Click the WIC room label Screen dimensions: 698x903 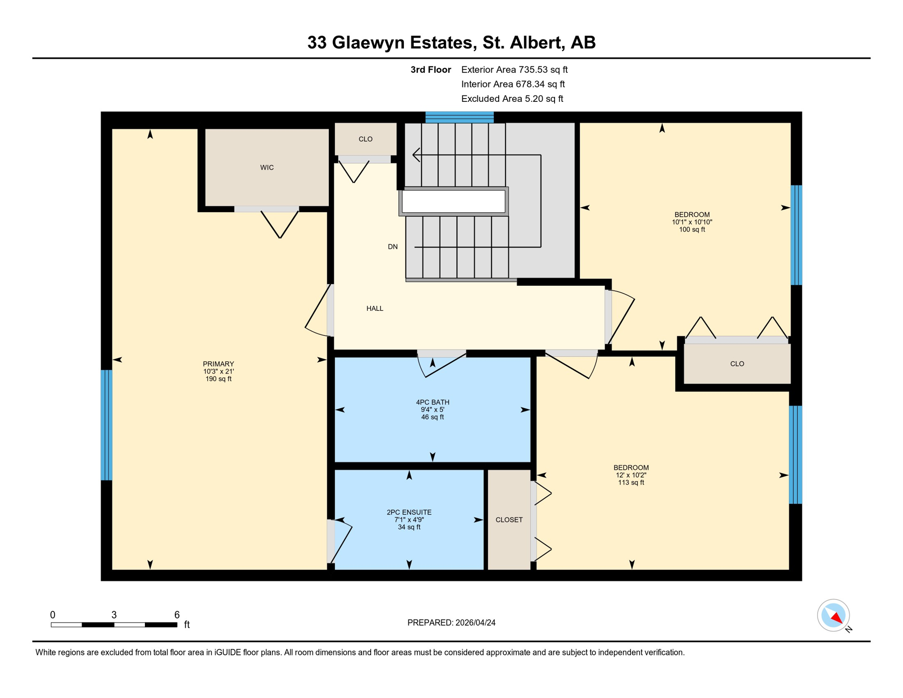tap(267, 168)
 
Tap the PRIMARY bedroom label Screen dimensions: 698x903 tap(218, 364)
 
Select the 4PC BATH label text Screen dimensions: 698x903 tap(432, 402)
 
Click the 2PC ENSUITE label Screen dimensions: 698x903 tap(409, 512)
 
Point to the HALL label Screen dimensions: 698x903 tap(375, 309)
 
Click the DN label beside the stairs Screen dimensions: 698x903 tap(392, 247)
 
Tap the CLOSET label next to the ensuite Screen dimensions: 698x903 tap(509, 520)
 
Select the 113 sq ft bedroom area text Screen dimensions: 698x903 tap(631, 483)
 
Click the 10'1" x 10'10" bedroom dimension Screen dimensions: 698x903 tap(692, 222)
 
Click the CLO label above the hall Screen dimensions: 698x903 tap(365, 139)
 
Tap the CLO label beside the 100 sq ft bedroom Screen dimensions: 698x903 tap(737, 364)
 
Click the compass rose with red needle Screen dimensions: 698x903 tap(833, 615)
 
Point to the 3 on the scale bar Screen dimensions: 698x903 tap(114, 615)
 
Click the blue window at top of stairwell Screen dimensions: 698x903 tap(459, 117)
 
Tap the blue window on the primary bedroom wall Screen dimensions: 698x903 tap(106, 425)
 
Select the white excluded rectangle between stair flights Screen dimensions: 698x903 tap(453, 201)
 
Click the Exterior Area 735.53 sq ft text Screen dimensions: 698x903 tap(514, 70)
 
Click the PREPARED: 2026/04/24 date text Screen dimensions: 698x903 tap(451, 623)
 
